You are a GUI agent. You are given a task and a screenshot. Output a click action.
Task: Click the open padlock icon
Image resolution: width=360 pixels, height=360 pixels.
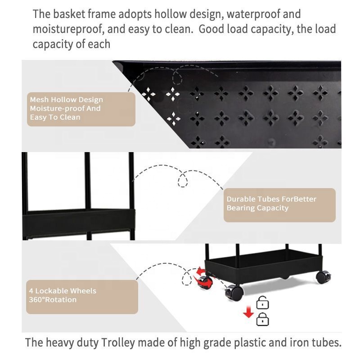pyautogui.click(x=262, y=302)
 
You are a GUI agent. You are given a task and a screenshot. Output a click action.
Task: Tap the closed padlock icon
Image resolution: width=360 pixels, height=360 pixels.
pyautogui.click(x=262, y=319)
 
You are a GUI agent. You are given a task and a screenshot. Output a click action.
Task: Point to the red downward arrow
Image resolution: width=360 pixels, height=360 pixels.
pyautogui.click(x=248, y=312)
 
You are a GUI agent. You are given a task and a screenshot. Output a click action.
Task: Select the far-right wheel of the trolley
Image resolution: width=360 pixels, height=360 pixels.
pyautogui.click(x=323, y=277)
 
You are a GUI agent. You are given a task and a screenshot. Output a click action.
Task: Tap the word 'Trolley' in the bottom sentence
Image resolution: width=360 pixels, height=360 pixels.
pyautogui.click(x=118, y=343)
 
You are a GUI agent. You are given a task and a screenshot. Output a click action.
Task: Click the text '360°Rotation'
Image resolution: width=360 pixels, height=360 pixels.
pyautogui.click(x=53, y=300)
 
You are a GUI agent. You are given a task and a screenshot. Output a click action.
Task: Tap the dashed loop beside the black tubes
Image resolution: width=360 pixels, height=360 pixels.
pyautogui.click(x=183, y=179)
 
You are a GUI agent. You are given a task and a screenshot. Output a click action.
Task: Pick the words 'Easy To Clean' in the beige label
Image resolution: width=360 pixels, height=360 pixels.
pyautogui.click(x=55, y=117)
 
